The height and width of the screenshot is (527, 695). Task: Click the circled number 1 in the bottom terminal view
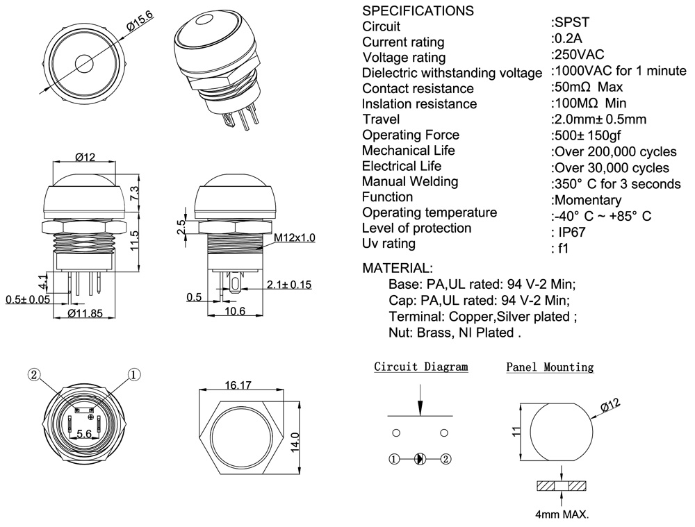point(133,374)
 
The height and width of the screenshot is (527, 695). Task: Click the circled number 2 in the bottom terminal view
point(33,374)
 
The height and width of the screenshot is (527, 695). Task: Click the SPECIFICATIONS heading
point(418,11)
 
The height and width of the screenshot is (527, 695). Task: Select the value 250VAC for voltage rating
point(578,55)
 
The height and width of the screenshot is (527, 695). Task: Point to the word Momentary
point(586,201)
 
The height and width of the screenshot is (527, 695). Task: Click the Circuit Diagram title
point(421,367)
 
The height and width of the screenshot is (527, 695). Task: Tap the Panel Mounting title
point(550,367)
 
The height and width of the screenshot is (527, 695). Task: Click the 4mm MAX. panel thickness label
point(562,515)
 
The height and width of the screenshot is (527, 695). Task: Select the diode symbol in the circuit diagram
point(419,459)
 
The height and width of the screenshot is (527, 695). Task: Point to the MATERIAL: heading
point(398,268)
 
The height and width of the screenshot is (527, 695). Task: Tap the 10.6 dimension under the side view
point(236,312)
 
